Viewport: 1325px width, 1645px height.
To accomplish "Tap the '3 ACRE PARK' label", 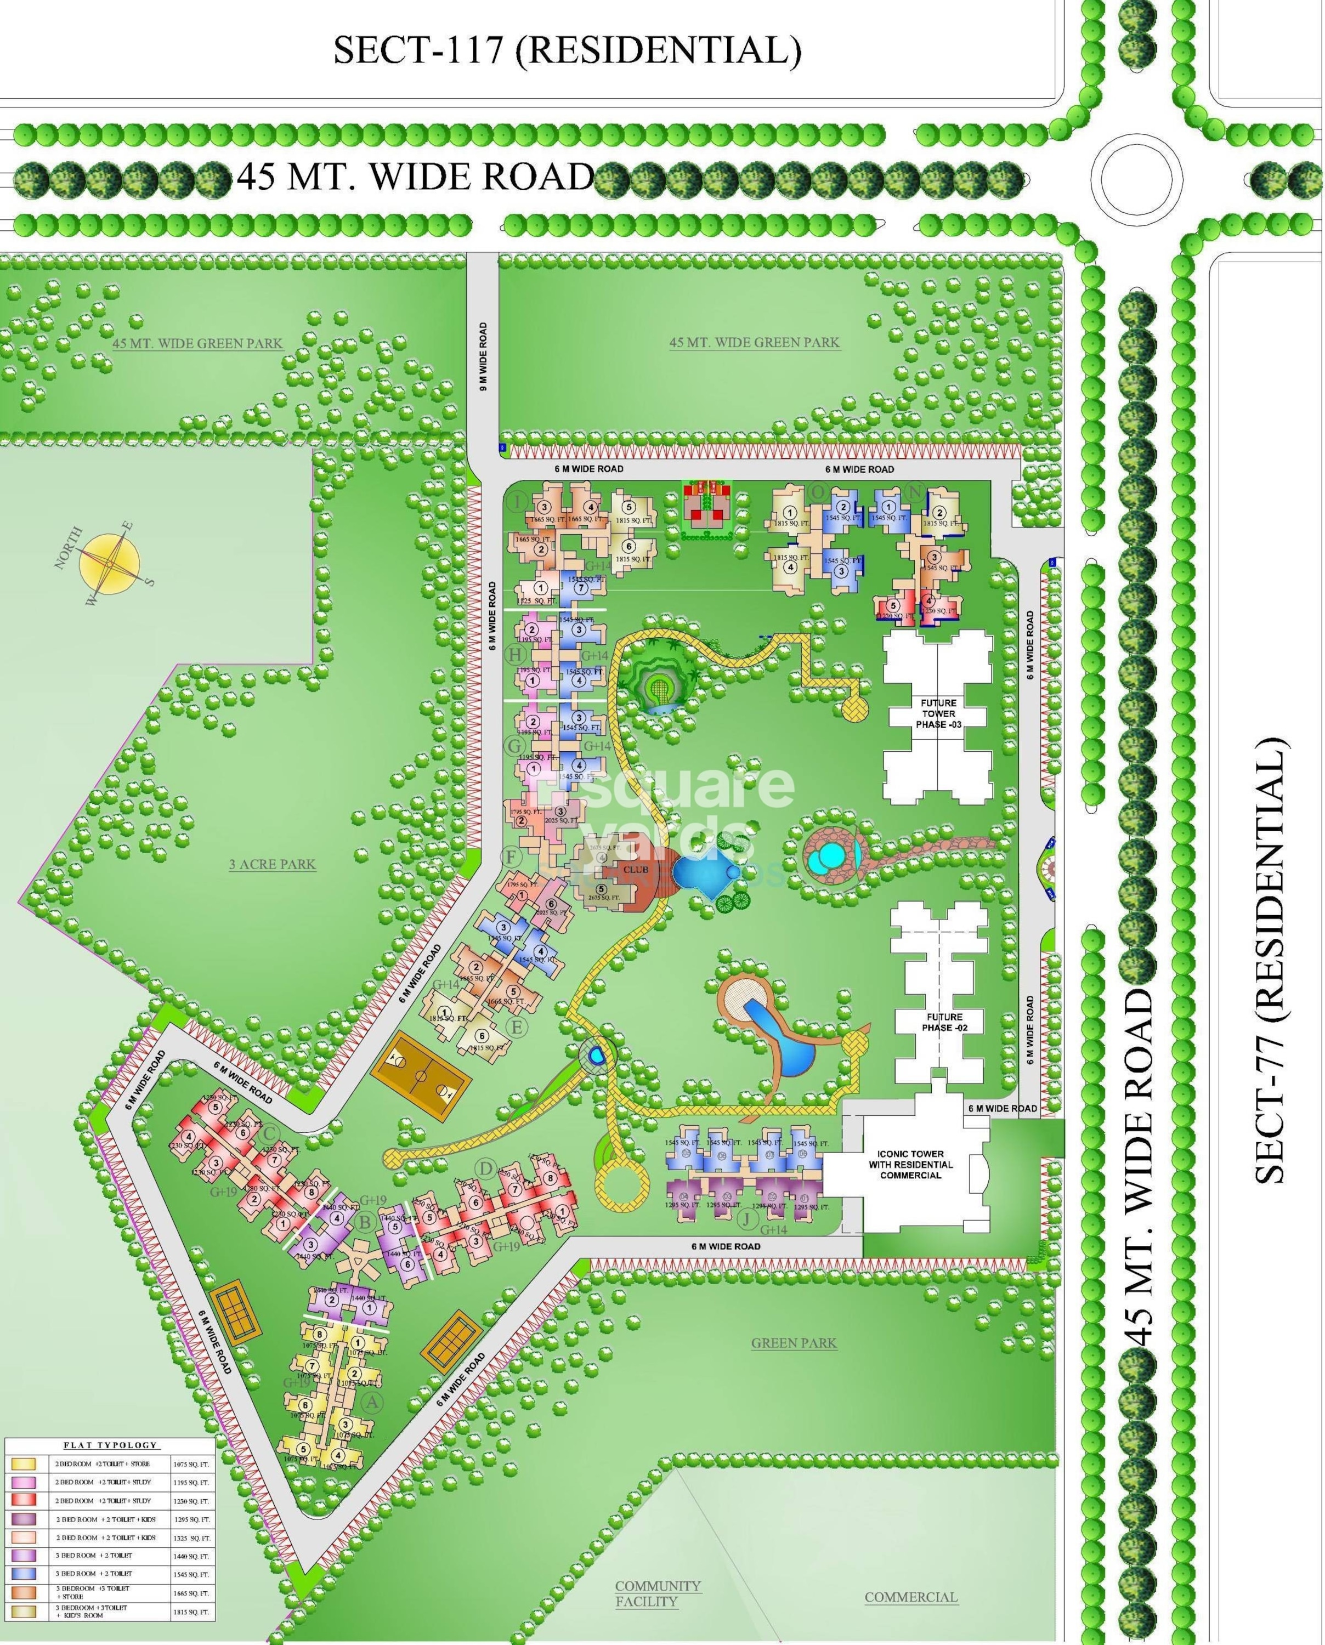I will tap(273, 865).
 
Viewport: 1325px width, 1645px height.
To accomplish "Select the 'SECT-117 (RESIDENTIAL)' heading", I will tap(567, 50).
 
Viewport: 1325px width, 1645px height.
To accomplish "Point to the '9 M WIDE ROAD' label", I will tap(483, 357).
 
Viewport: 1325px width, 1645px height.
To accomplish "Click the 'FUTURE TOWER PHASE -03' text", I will tap(937, 713).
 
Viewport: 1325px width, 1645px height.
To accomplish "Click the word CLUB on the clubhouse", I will tap(635, 870).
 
